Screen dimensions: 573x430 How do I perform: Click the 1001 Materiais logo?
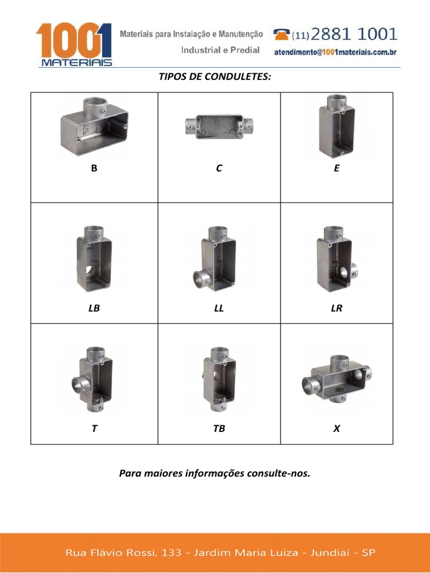[74, 44]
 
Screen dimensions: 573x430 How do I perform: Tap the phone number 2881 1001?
[353, 35]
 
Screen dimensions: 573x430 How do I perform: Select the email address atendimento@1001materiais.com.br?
[335, 52]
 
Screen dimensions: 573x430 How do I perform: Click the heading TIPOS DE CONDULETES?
[215, 76]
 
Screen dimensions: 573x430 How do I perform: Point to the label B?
[94, 168]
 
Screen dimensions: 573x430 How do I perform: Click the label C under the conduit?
[219, 168]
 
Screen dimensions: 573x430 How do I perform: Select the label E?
[336, 168]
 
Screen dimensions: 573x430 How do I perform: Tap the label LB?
[94, 308]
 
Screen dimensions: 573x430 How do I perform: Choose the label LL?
[219, 308]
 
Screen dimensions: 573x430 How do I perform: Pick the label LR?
[336, 308]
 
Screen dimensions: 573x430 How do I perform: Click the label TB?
[219, 429]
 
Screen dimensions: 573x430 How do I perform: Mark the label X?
[336, 429]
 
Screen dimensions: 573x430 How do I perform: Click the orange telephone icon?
[282, 34]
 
